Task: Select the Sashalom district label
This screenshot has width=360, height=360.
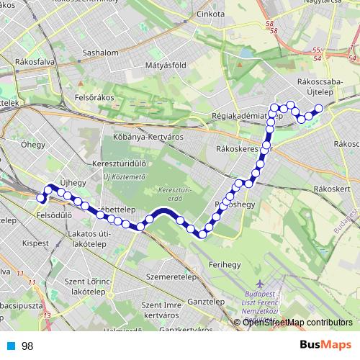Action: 100,53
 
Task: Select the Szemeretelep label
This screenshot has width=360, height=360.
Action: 171,276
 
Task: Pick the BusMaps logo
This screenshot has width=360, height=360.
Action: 321,346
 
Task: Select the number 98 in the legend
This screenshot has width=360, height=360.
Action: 27,346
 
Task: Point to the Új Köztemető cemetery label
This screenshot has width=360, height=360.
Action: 125,176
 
